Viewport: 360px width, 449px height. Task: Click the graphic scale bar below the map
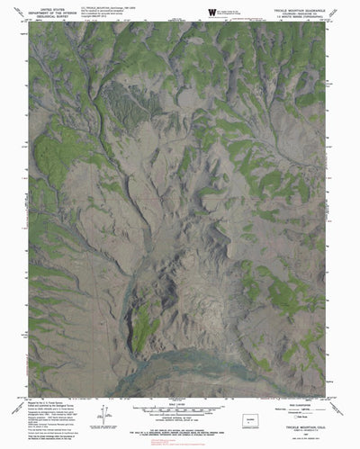tap(180, 392)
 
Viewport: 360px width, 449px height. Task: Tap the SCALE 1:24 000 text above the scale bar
tap(180, 385)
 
